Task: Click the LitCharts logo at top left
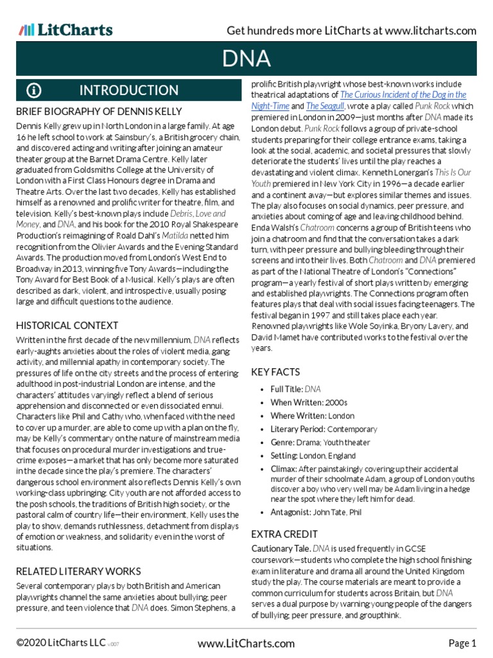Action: pos(65,30)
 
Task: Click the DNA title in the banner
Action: pos(246,59)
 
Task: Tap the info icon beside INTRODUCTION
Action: pos(34,89)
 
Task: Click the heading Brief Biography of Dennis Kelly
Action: pos(98,111)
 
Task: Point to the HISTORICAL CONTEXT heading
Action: pos(67,325)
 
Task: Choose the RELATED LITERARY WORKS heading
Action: pos(78,571)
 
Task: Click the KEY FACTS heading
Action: pos(275,372)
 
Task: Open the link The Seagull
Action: pos(325,106)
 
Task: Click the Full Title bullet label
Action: pos(286,389)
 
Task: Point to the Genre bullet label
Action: pos(282,442)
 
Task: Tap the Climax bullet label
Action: pos(284,469)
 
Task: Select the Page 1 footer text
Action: pos(462,643)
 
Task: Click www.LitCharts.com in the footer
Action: pos(246,643)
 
